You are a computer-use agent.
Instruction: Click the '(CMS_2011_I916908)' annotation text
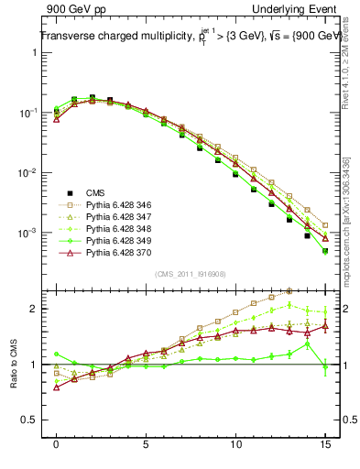[x=191, y=274]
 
